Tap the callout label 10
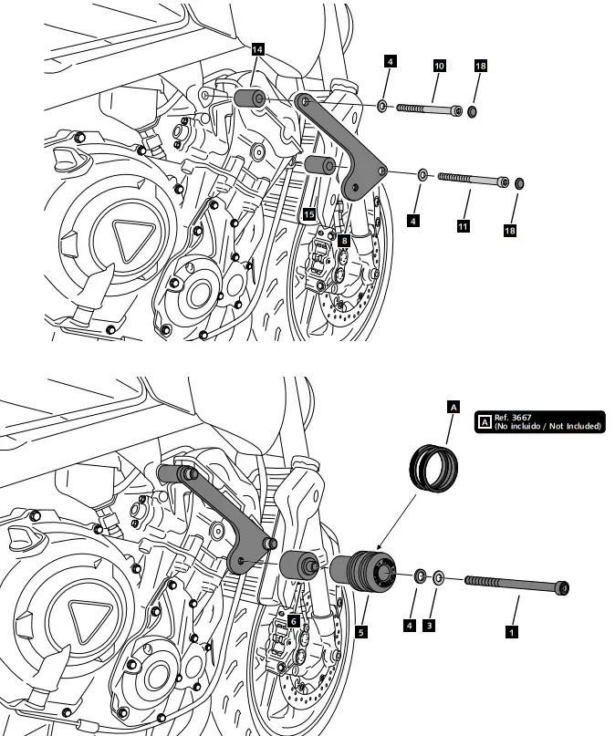pyautogui.click(x=439, y=67)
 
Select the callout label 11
pyautogui.click(x=464, y=224)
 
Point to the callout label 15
pyautogui.click(x=309, y=213)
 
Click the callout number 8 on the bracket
pyautogui.click(x=342, y=240)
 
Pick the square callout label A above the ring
pyautogui.click(x=451, y=408)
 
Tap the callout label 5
pyautogui.click(x=362, y=630)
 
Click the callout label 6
pyautogui.click(x=294, y=619)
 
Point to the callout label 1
pyautogui.click(x=512, y=629)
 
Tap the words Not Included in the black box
pyautogui.click(x=572, y=426)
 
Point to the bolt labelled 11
pyautogui.click(x=472, y=179)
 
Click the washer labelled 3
pyautogui.click(x=439, y=577)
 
